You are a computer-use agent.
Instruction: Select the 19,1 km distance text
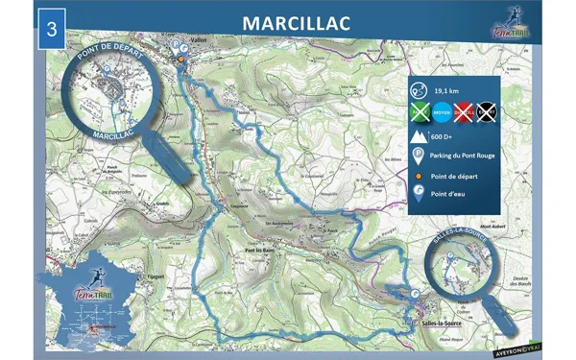tap(445, 89)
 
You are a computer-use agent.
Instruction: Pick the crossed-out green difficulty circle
tap(420, 111)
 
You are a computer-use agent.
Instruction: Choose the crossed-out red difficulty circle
tap(466, 111)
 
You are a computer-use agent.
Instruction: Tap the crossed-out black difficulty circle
tap(487, 111)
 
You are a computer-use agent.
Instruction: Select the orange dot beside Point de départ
tap(420, 176)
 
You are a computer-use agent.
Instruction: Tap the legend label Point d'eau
tap(450, 196)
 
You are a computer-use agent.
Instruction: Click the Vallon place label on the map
tap(199, 41)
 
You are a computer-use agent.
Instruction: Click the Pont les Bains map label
tap(261, 252)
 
